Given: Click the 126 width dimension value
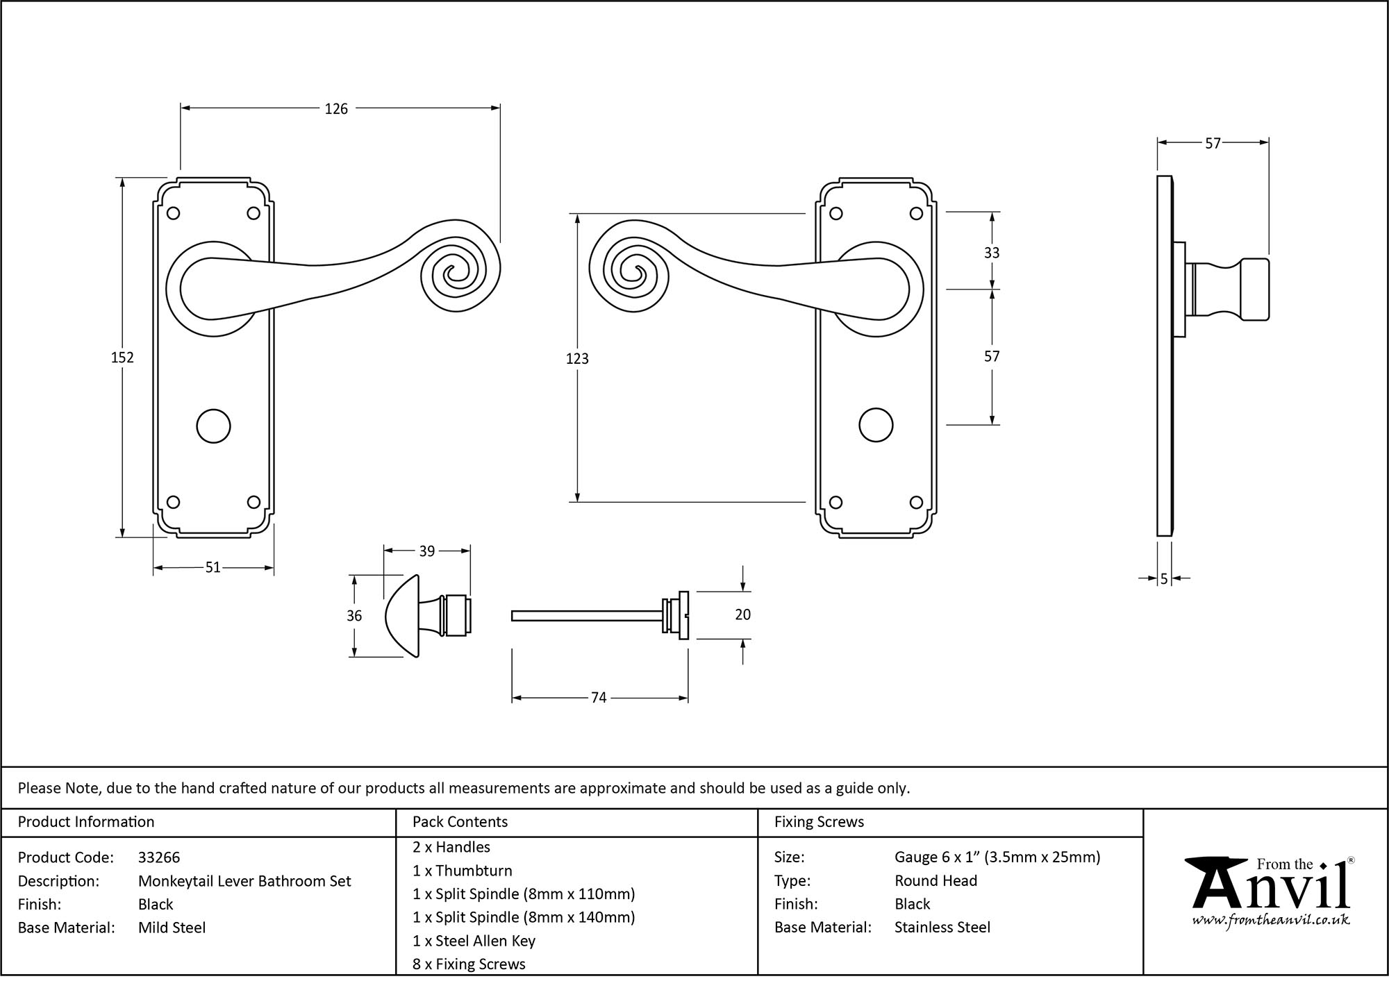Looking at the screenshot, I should (336, 109).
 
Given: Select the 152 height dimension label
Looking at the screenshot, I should (122, 358).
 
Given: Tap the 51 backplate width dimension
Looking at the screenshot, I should (213, 568).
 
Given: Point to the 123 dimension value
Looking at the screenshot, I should (577, 359).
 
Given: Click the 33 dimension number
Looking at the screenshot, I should (992, 253).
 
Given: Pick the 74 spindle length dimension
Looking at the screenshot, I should (599, 698).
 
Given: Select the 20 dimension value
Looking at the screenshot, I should (742, 614).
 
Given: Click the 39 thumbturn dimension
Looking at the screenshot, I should (426, 551).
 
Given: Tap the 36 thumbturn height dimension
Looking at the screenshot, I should (354, 616).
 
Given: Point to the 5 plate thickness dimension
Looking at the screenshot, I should (1164, 578).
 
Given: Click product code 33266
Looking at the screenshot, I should (159, 857).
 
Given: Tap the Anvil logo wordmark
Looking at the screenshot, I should (1271, 887).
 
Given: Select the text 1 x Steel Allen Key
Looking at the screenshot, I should (474, 941).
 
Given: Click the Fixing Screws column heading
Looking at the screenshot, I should (819, 822).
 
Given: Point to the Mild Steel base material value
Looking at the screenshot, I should (172, 928).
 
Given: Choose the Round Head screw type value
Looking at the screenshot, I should (935, 880).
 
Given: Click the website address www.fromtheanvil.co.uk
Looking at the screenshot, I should (1271, 920).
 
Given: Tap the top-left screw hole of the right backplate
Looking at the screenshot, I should (836, 214).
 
